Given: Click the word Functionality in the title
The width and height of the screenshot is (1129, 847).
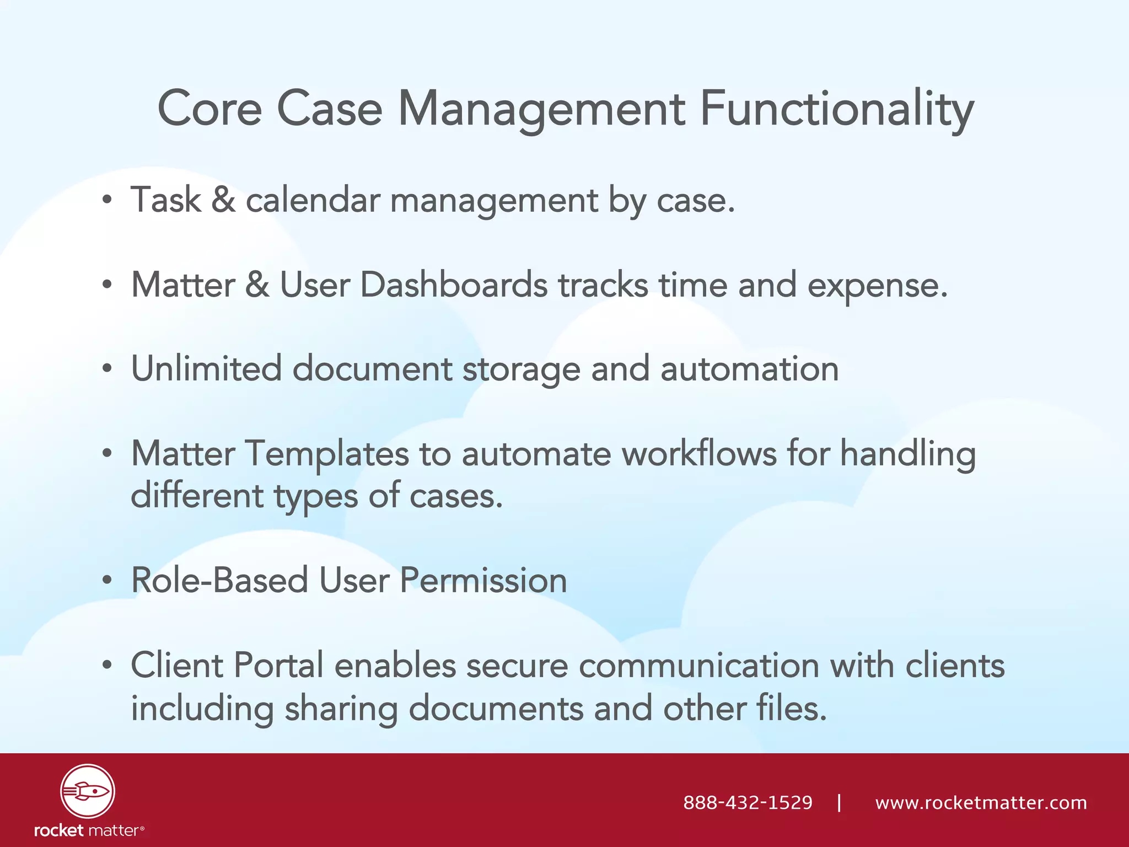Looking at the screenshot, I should pos(836,109).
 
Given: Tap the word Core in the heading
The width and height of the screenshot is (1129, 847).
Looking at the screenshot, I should pos(209,109).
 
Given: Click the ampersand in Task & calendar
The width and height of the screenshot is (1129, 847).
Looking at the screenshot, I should pos(223,200).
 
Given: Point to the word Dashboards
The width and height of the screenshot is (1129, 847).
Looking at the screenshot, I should pos(454,286).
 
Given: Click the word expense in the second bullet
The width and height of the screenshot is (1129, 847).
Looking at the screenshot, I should pos(877,286).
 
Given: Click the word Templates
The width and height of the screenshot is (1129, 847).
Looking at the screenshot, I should pos(326,454).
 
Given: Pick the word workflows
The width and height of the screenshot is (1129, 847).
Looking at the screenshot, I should pos(699,454).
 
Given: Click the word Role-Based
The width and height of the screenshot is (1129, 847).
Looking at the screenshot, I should pos(219,580).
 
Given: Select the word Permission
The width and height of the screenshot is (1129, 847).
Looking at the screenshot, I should pos(483,580).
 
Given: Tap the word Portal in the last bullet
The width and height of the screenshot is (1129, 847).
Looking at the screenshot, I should pos(278,665).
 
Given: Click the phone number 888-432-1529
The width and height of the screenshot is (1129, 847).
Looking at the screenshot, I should pos(748,802).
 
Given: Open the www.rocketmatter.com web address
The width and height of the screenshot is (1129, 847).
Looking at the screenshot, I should pos(981,802).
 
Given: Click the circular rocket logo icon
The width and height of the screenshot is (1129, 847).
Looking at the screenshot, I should pos(88,791).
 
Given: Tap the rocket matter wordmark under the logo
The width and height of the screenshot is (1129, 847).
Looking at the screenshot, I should pos(89,830).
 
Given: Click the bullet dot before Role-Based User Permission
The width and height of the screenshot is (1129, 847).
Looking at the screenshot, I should pos(107,581).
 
